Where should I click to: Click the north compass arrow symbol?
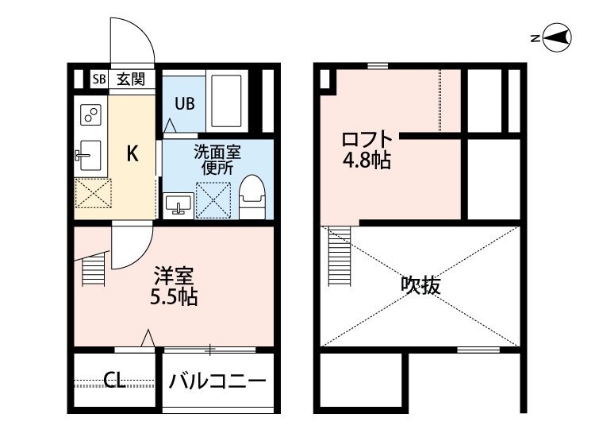point(559,37)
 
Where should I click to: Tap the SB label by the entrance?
point(98,79)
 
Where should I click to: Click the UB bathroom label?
point(184,103)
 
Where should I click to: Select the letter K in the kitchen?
point(133,154)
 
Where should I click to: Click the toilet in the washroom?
point(252,196)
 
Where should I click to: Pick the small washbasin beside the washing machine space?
point(178,204)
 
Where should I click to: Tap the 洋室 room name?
point(174,277)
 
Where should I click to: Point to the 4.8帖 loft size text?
point(366,161)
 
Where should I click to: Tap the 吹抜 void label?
point(420,284)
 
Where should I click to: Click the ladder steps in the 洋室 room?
point(94,269)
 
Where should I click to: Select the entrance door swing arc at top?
point(131,40)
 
